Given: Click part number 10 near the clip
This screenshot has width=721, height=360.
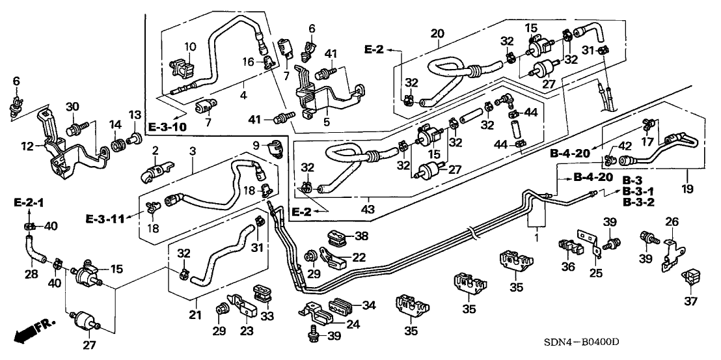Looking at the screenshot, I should (x=190, y=47).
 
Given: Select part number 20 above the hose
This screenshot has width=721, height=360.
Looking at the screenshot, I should (x=437, y=33).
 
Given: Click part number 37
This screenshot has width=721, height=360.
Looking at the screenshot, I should (x=691, y=300).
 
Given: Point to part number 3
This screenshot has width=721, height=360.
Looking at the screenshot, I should (x=193, y=151).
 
